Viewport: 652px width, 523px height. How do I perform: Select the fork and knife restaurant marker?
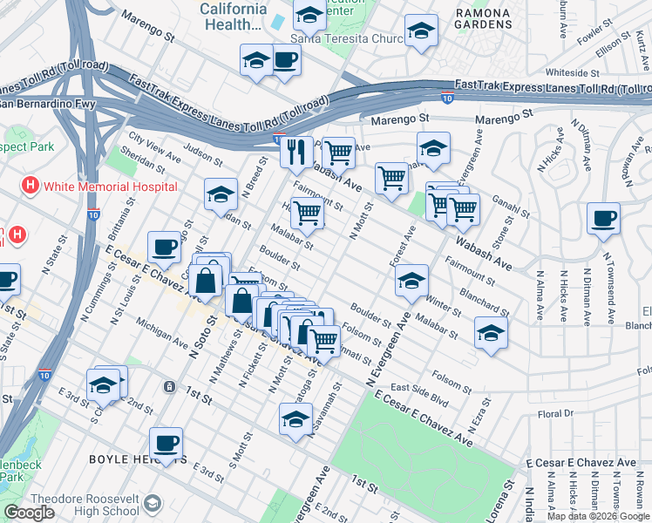point(296,152)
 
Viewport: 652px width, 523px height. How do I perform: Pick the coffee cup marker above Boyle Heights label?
point(166,443)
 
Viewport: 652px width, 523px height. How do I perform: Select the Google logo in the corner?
point(29,513)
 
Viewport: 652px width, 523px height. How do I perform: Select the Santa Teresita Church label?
point(347,38)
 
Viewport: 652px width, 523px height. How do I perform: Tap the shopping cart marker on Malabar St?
point(307,212)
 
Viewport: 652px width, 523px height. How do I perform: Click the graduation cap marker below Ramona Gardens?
point(421,33)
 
